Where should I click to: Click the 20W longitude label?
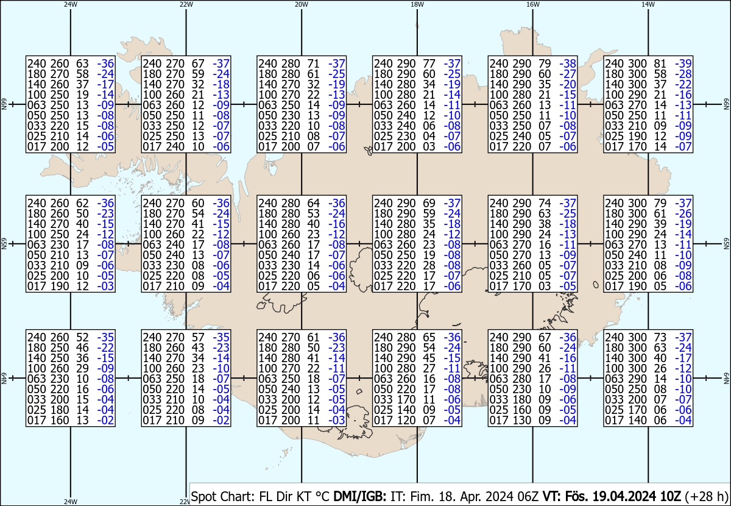(301, 4)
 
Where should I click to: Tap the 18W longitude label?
(417, 4)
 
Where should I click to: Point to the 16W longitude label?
(532, 4)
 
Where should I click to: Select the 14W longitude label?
(648, 4)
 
